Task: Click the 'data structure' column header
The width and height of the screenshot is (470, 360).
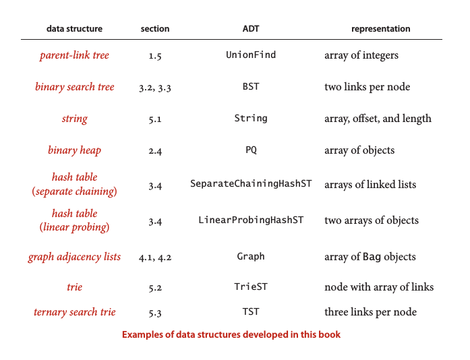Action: tap(74, 29)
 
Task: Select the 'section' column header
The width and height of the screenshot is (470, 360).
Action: tap(155, 29)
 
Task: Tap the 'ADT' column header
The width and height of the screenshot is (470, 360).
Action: tap(251, 29)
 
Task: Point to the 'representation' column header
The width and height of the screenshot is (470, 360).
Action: tap(381, 29)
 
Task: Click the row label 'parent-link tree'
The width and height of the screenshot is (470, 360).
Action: tap(74, 55)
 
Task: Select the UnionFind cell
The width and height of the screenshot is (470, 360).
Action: tap(251, 55)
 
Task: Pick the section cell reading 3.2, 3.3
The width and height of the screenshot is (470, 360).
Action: tap(155, 88)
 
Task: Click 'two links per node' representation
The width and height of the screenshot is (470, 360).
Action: tap(368, 87)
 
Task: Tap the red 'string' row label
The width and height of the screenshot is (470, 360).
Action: tap(75, 119)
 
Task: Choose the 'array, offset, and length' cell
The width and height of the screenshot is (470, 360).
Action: tap(378, 119)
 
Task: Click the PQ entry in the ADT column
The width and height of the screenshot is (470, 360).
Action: tap(252, 150)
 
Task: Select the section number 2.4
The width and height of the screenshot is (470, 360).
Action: tap(155, 151)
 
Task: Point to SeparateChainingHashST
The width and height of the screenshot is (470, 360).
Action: tap(251, 183)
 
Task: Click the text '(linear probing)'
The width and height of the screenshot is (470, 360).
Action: tap(74, 227)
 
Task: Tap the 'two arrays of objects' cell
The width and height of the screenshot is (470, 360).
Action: tap(372, 220)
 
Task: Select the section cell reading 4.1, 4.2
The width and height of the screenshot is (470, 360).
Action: tap(155, 258)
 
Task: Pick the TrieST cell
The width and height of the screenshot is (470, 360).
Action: tap(251, 287)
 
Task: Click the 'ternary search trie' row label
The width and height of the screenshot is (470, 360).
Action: tap(75, 312)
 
